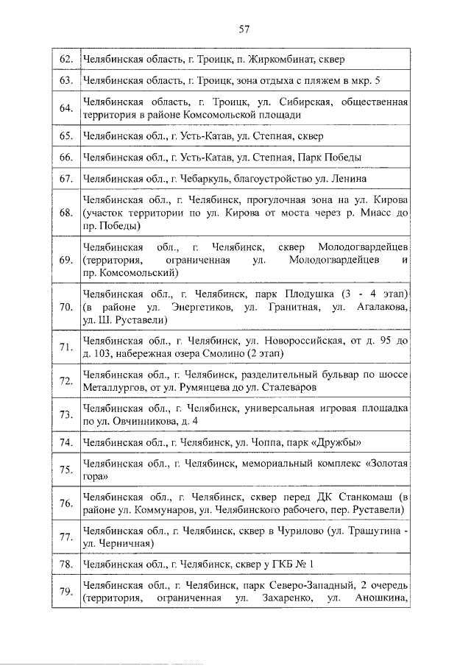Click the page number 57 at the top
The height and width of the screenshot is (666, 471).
[244, 29]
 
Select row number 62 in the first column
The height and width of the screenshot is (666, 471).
[65, 58]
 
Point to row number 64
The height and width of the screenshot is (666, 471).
[65, 108]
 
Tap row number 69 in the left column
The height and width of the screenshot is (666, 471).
[65, 260]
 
